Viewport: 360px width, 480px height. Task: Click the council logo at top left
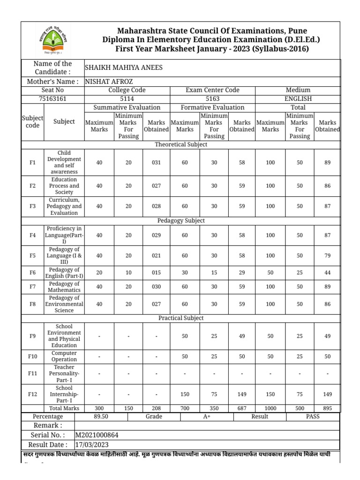click(x=52, y=40)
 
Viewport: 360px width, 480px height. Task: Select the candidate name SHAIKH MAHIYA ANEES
click(x=123, y=67)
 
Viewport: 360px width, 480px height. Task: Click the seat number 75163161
click(x=52, y=98)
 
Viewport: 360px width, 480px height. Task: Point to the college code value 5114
click(x=127, y=98)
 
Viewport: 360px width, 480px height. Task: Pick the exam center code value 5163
click(x=212, y=98)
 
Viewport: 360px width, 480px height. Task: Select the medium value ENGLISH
click(x=298, y=98)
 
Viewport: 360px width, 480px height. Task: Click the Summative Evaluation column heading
click(x=127, y=107)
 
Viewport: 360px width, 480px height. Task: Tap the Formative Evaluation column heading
click(x=212, y=107)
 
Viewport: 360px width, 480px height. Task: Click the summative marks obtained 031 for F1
click(x=156, y=163)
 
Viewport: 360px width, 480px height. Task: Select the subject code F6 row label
click(x=32, y=273)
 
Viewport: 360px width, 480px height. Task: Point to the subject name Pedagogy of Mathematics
click(x=64, y=287)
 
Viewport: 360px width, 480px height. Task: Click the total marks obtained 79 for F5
click(x=327, y=255)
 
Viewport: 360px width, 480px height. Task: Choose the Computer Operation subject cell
click(x=64, y=356)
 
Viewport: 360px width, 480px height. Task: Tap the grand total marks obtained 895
click(x=327, y=408)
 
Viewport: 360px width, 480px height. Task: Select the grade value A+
click(x=206, y=416)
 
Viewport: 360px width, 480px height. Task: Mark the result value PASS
click(x=313, y=416)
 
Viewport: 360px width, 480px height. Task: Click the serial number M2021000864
click(x=100, y=435)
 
